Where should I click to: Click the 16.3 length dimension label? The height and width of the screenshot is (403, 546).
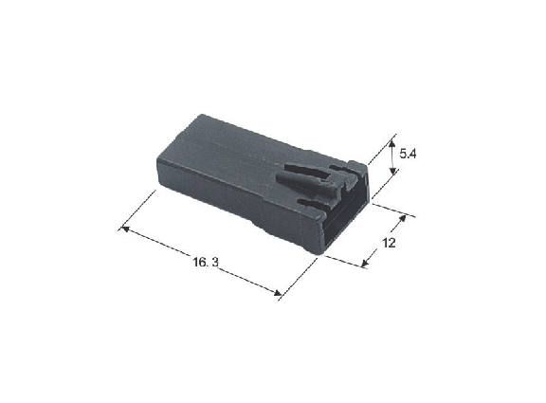pos(206,262)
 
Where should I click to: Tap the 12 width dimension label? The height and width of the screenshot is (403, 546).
pos(389,243)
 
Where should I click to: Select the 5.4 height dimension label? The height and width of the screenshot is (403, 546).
pos(408,154)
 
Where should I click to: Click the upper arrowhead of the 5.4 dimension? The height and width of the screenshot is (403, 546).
pos(392,143)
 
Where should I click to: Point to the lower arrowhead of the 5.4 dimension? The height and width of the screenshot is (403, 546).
pos(392,171)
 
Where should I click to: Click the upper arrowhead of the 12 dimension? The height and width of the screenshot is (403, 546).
pos(403,218)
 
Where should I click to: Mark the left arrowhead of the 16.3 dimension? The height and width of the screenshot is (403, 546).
pos(125,229)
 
